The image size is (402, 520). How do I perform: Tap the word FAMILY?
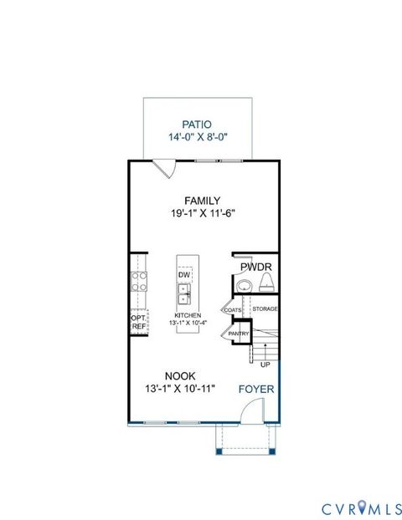203,201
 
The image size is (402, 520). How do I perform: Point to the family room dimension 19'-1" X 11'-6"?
203,213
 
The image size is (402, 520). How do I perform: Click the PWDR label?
255,268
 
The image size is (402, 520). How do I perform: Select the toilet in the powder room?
267,287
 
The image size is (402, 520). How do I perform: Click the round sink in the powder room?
243,287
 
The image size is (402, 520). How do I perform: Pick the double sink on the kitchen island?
184,293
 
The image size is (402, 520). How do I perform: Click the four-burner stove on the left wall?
138,282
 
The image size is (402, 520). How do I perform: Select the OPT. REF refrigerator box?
138,323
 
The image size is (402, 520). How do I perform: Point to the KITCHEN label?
188,316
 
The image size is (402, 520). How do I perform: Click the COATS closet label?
232,310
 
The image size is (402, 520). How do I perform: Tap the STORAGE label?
265,309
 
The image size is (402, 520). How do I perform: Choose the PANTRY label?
240,334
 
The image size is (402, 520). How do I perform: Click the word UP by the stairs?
265,365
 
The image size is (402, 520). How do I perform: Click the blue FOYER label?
256,390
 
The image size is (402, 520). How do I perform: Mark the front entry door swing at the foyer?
250,412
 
